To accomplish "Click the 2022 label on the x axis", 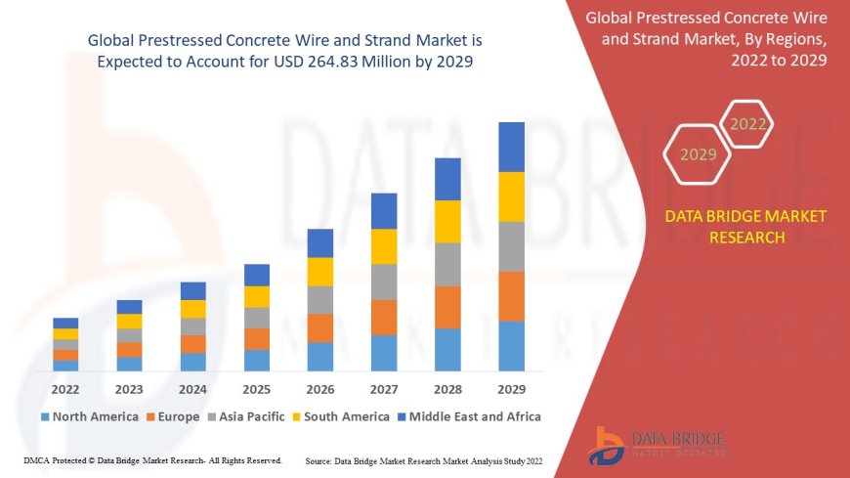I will click(x=65, y=388).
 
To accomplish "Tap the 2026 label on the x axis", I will click(x=320, y=388).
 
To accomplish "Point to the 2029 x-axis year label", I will click(x=511, y=388).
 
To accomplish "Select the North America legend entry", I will click(x=89, y=416).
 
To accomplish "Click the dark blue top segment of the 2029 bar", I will click(x=511, y=147).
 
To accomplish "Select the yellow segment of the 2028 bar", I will click(x=447, y=221).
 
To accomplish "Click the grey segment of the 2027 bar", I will click(x=384, y=282).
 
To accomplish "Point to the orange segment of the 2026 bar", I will click(x=320, y=327).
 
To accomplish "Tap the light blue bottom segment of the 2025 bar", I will click(x=257, y=360).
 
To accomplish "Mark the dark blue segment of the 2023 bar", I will click(x=129, y=307).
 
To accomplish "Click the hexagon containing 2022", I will click(x=747, y=124).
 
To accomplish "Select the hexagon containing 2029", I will click(x=698, y=153).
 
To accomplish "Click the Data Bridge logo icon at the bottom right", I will click(x=609, y=445).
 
